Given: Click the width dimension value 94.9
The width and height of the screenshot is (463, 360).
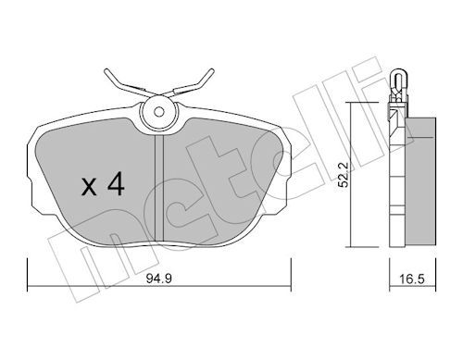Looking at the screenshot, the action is [x=159, y=279].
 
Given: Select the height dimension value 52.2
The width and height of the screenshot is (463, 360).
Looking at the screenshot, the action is [x=343, y=175].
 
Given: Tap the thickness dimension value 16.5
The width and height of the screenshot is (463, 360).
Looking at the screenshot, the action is [x=412, y=279].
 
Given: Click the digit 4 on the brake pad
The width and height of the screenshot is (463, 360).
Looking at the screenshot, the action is [x=116, y=184].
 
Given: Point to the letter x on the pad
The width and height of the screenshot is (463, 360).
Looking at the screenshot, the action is [x=89, y=187].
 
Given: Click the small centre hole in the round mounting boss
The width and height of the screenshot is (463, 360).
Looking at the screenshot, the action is [x=159, y=112].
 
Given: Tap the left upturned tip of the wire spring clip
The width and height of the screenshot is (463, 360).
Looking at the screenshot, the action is [x=106, y=71].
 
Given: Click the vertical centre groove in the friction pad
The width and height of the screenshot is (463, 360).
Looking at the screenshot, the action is [x=159, y=188].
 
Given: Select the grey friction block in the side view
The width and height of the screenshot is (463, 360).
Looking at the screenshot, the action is [x=420, y=181].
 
